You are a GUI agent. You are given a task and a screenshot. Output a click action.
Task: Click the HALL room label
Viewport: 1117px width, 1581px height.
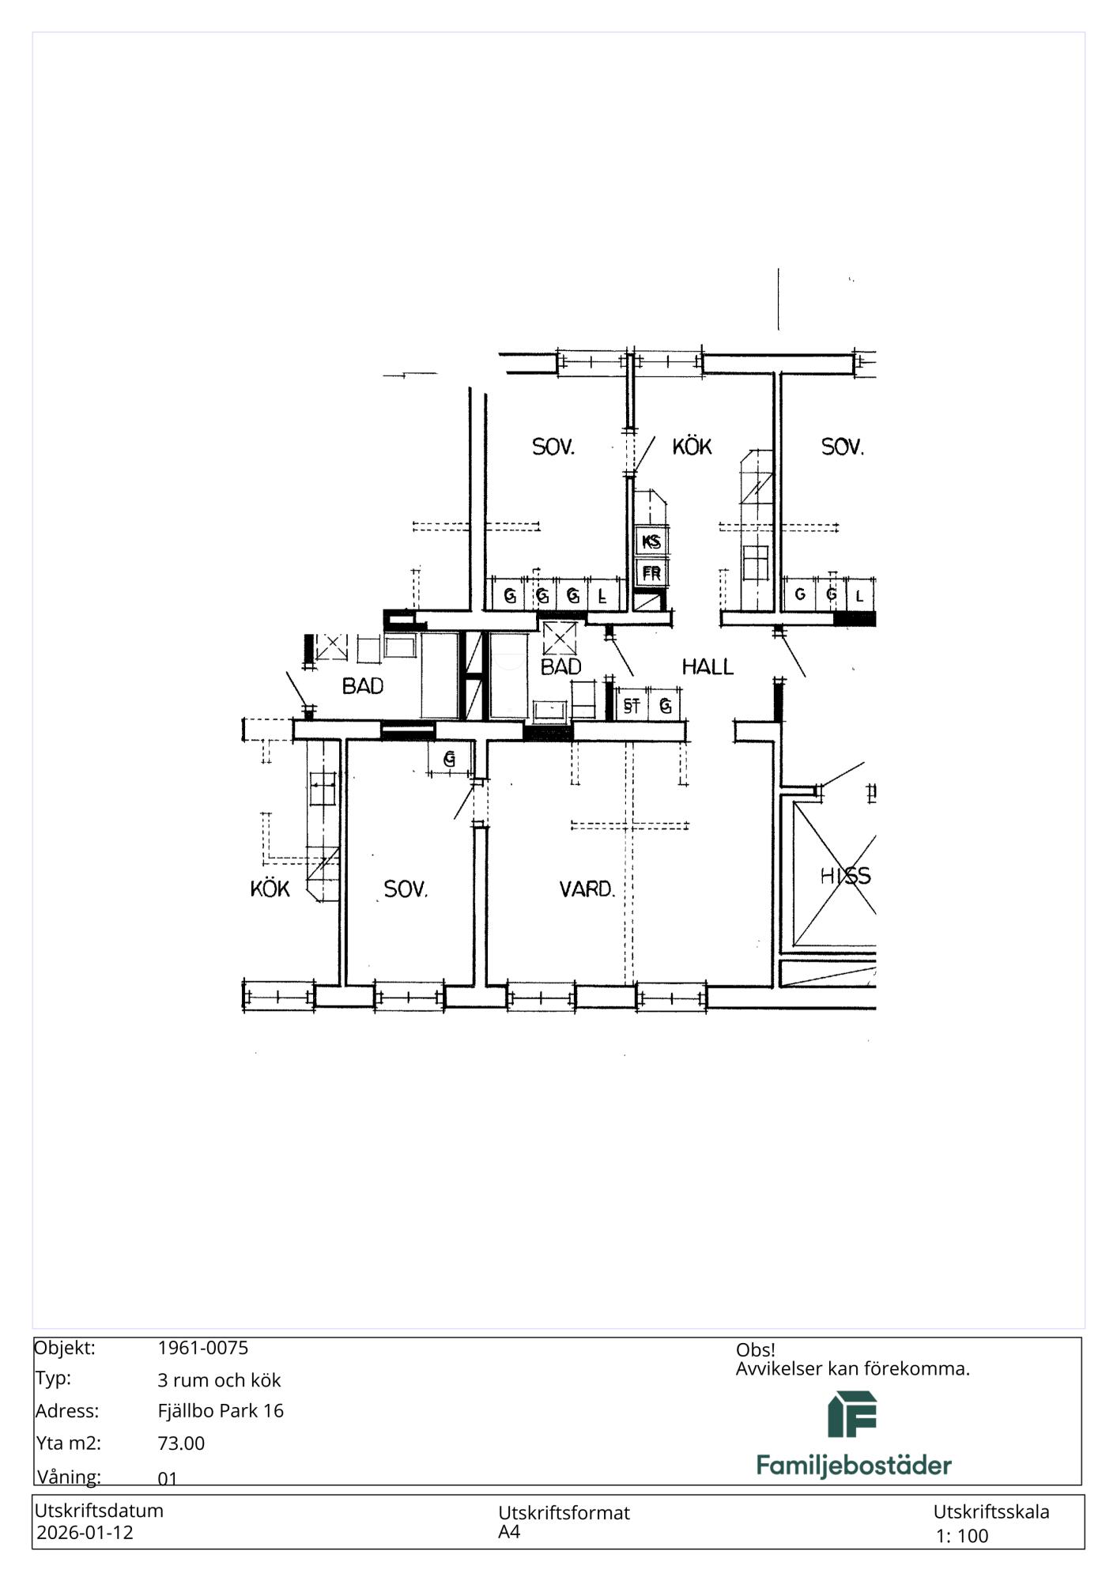tap(708, 667)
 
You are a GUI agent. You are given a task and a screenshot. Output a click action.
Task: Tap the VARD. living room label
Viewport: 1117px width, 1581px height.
tap(587, 889)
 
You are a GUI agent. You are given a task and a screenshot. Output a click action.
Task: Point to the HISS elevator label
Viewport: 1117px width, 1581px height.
tap(845, 876)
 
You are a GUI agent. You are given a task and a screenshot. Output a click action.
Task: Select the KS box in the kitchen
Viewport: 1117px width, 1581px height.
tap(651, 542)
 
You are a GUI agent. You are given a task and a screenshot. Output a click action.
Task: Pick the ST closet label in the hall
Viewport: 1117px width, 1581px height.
tap(631, 706)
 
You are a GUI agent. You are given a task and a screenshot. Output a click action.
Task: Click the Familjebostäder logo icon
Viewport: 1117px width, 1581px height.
tap(852, 1414)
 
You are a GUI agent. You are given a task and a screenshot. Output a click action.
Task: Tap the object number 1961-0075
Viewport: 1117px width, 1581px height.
tap(203, 1348)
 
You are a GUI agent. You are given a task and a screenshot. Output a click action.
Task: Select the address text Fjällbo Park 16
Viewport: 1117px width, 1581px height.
tap(221, 1411)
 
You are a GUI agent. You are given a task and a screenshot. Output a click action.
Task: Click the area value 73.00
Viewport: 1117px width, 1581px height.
tap(181, 1443)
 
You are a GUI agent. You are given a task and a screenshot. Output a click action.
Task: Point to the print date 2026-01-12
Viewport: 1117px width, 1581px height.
tap(85, 1533)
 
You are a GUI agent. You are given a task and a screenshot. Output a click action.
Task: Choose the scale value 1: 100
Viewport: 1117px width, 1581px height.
tap(962, 1536)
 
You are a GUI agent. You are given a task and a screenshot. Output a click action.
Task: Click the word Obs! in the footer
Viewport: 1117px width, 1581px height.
tap(755, 1349)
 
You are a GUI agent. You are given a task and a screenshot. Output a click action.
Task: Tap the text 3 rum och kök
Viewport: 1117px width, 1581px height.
tap(219, 1380)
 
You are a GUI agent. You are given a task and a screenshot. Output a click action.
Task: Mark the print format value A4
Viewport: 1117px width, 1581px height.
tap(509, 1532)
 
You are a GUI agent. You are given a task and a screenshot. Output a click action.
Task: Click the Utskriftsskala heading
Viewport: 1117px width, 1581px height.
tap(991, 1512)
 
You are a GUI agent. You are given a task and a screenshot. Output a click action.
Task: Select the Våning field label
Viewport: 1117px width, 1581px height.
tap(68, 1477)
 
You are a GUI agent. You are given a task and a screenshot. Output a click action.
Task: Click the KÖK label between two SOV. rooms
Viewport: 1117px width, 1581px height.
tap(692, 447)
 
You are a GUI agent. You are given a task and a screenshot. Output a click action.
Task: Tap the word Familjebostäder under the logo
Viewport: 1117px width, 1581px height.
tap(854, 1465)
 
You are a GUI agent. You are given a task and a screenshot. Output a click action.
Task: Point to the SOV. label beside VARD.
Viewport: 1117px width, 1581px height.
tap(406, 889)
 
